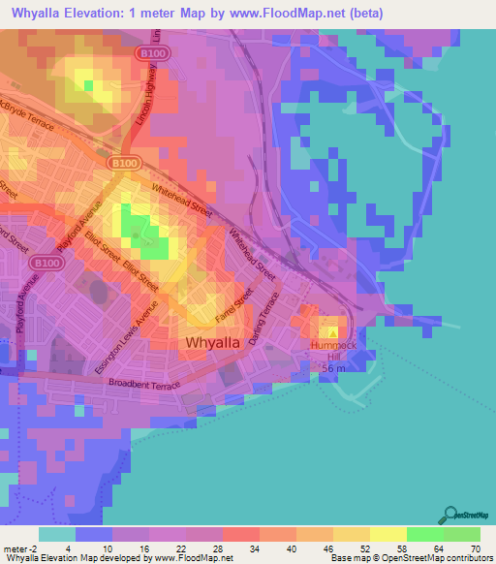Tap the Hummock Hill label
(334, 350)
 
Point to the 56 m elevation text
(348, 369)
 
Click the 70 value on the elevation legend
(474, 548)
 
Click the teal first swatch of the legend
(56, 534)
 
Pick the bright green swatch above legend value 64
(424, 534)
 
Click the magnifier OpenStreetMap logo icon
(449, 515)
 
